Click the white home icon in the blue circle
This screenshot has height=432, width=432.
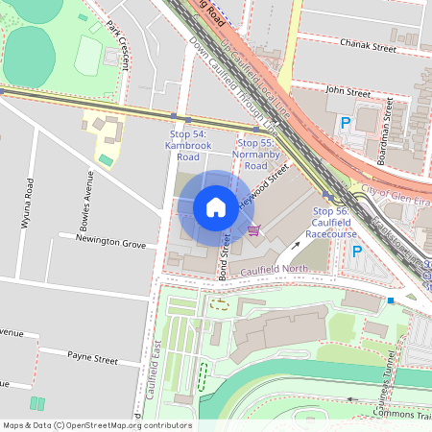(x=216, y=207)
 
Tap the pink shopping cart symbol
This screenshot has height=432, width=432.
(x=253, y=229)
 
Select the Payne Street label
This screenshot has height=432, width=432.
(x=91, y=358)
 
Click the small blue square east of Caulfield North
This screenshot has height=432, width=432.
(x=391, y=300)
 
